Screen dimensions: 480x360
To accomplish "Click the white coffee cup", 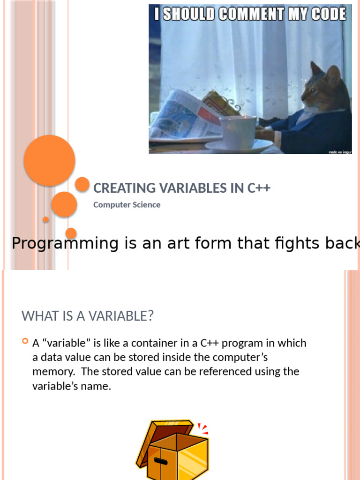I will click(x=238, y=132).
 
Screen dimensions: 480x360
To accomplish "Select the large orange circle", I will click(x=49, y=160).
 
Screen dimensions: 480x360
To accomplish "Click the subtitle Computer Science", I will click(x=127, y=205).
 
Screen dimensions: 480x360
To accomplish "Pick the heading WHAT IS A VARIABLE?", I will click(x=88, y=316).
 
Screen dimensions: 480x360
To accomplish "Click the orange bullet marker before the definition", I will click(x=25, y=342).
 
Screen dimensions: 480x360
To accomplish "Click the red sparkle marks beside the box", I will click(x=203, y=428).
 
